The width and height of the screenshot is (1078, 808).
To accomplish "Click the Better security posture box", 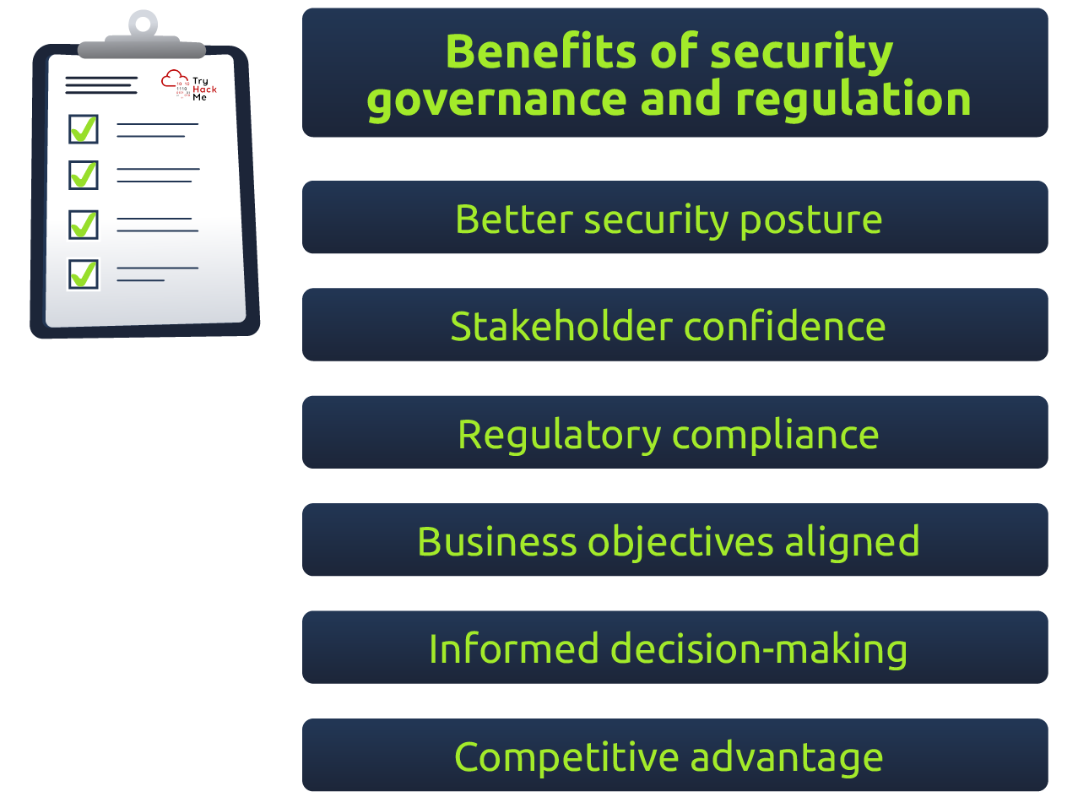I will (674, 218).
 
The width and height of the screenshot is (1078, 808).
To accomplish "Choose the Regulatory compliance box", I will (674, 432).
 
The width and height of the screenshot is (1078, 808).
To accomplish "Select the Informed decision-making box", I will (674, 648).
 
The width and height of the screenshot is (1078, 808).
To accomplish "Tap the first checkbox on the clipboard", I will (84, 129).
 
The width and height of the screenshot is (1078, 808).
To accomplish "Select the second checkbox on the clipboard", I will (84, 175).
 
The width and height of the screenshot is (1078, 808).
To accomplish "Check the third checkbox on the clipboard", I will (84, 225).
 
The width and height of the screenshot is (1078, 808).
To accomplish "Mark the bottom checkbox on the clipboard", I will (84, 274).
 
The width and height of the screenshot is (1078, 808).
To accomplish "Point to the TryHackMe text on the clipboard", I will (203, 89).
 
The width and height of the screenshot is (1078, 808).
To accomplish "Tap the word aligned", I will (852, 542).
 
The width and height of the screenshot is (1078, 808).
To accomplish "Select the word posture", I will (810, 220).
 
